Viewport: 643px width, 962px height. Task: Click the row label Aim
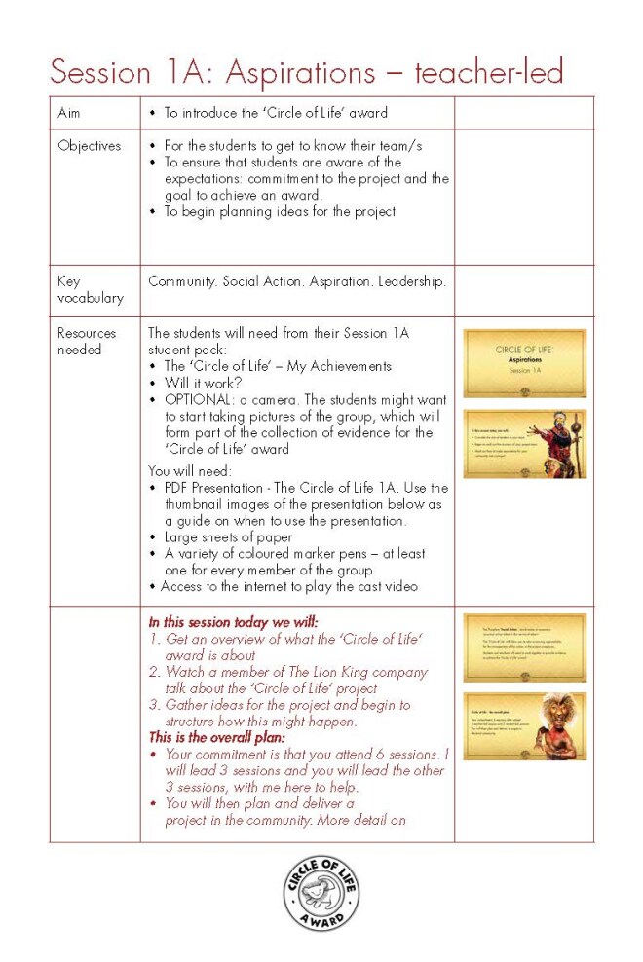pos(69,113)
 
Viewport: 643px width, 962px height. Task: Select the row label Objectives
pos(90,146)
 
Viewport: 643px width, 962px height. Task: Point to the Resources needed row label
pos(87,341)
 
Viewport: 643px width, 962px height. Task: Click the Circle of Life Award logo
pos(321,894)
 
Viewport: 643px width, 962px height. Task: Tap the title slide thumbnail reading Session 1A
pos(524,363)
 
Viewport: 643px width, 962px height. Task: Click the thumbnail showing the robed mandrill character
pos(524,444)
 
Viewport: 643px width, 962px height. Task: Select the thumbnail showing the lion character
pos(524,726)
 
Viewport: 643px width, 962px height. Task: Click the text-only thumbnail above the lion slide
pos(524,647)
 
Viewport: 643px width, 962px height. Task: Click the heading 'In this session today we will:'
pos(234,621)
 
